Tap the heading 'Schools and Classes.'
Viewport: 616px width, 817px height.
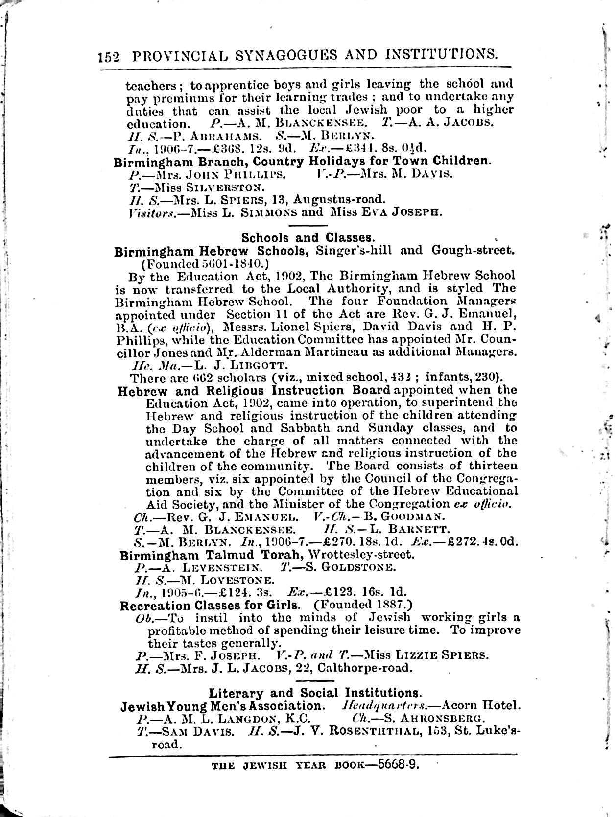pyautogui.click(x=308, y=238)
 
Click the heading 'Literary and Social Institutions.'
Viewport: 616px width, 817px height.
pyautogui.click(x=315, y=693)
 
